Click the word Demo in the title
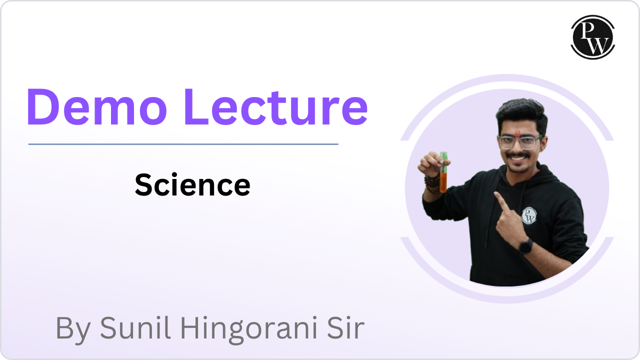pyautogui.click(x=96, y=107)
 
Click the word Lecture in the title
pyautogui.click(x=276, y=107)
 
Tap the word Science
pyautogui.click(x=192, y=185)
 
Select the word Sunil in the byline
pyautogui.click(x=135, y=327)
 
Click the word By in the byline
pyautogui.click(x=73, y=329)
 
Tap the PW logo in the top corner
pyautogui.click(x=593, y=37)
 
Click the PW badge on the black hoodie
pyautogui.click(x=529, y=215)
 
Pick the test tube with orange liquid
pyautogui.click(x=443, y=172)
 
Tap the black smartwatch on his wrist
pyautogui.click(x=525, y=246)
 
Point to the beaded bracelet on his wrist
pyautogui.click(x=431, y=184)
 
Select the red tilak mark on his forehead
pyautogui.click(x=517, y=133)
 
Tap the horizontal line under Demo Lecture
pyautogui.click(x=183, y=144)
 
